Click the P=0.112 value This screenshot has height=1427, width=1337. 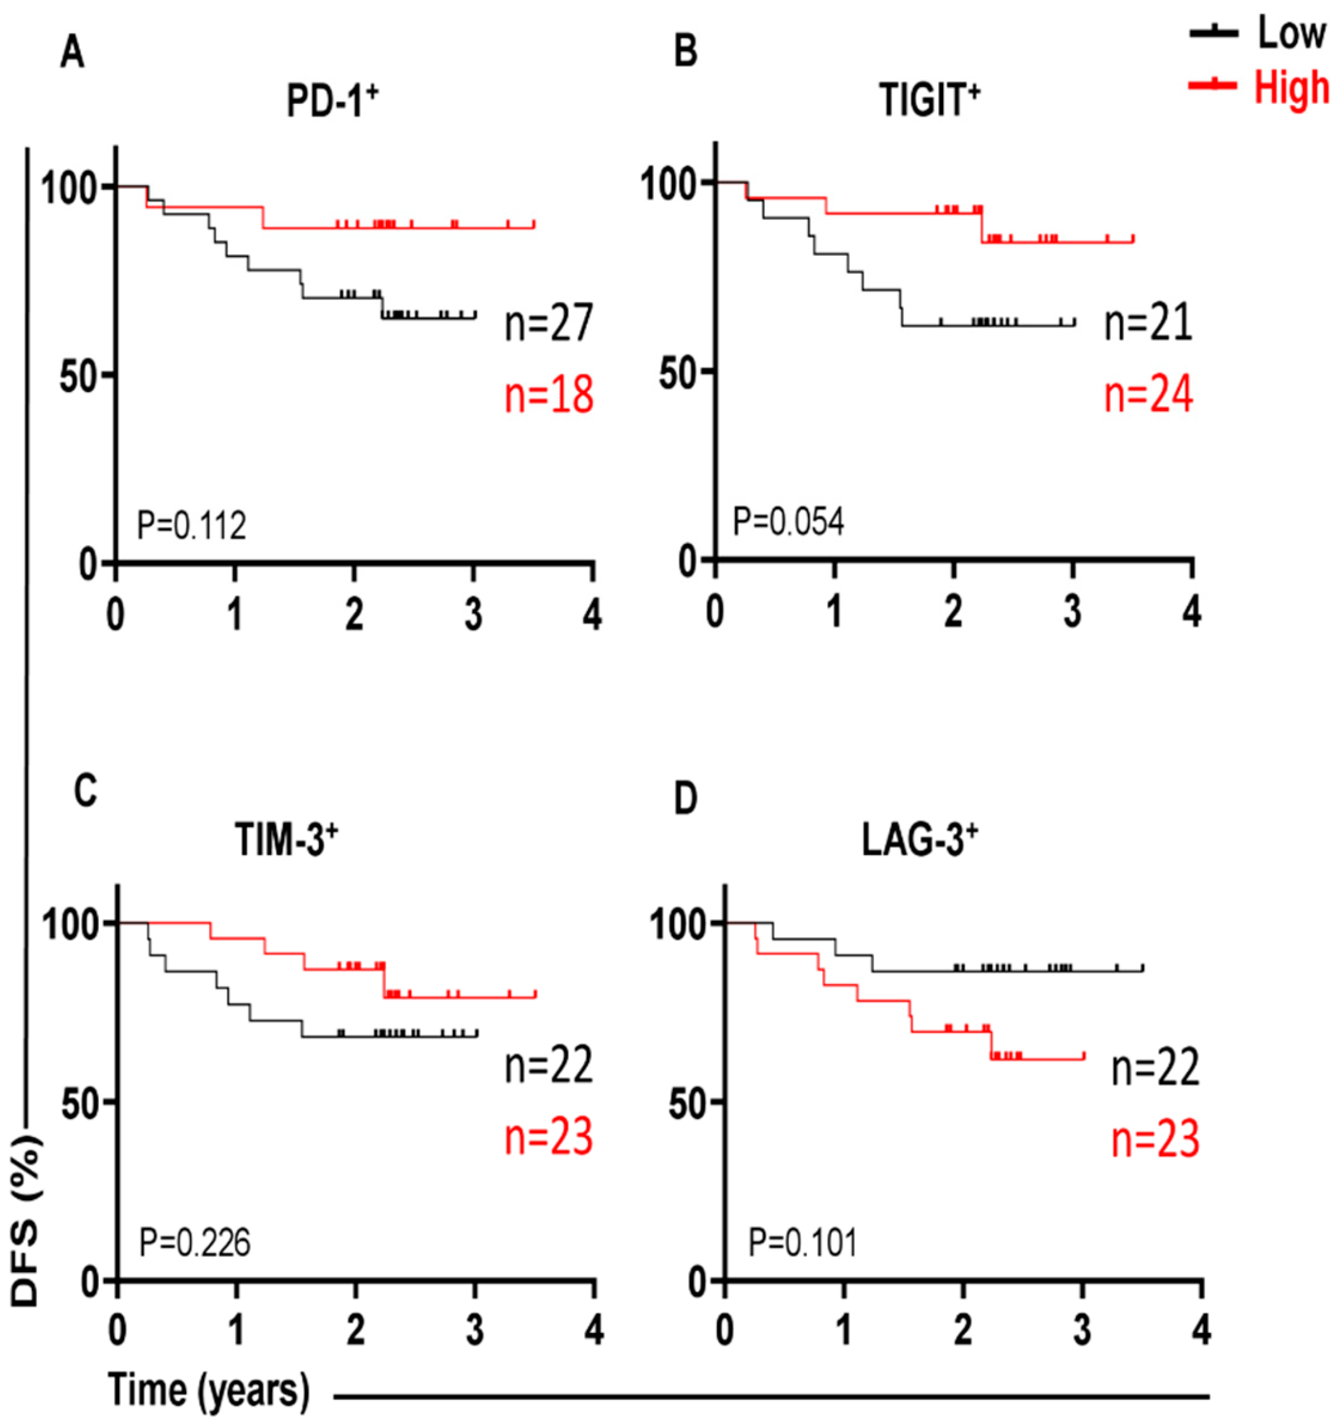point(192,526)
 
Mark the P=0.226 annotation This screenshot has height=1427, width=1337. point(195,1243)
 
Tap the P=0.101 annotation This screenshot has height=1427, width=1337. point(803,1243)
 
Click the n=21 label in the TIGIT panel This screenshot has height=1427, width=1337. point(1148,323)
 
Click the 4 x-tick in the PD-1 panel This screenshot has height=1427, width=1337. point(592,616)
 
